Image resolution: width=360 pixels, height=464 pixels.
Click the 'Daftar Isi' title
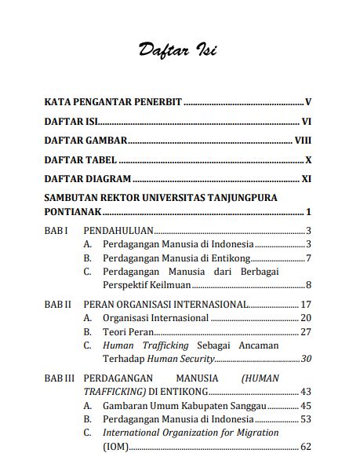177,50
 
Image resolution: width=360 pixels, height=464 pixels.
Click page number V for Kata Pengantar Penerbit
309,103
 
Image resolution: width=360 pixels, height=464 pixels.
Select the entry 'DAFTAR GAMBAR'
85,141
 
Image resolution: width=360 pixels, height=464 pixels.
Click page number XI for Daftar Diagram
307,178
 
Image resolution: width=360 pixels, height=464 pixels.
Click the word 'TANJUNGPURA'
239,197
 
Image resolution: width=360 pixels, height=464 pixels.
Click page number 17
307,305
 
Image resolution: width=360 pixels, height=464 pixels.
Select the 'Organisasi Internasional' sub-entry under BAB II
155,318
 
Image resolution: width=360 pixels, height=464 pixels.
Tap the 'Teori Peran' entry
129,332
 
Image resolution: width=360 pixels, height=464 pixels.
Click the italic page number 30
307,359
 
